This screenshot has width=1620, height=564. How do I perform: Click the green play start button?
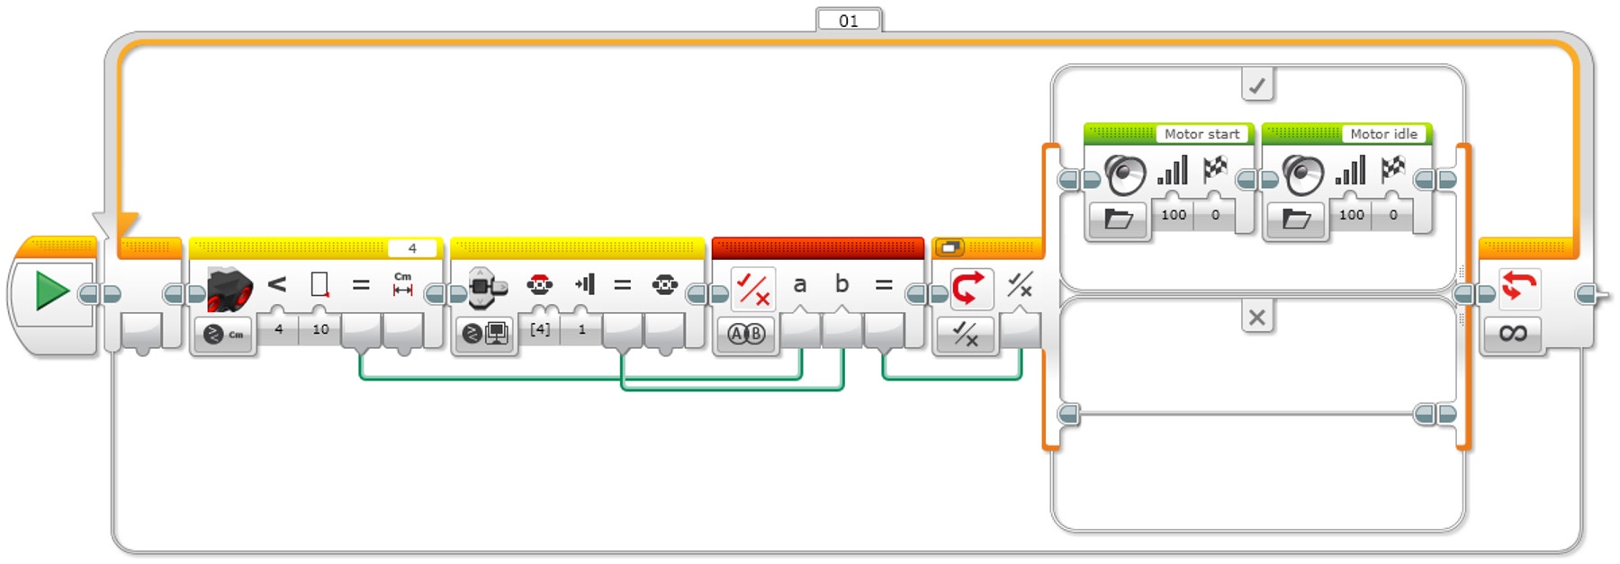coord(51,292)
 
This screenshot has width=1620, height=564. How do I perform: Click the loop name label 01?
coord(848,20)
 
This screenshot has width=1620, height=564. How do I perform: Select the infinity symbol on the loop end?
coord(1513,334)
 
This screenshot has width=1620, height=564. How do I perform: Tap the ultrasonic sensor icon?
coord(228,288)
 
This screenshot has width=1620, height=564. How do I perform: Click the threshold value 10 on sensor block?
coord(320,329)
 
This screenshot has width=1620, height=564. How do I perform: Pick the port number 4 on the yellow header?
coord(412,248)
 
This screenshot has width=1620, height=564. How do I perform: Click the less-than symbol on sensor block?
coord(276,285)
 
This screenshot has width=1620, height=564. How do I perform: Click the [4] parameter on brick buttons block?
coord(539,329)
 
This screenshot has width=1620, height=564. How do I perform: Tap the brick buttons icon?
coord(487,287)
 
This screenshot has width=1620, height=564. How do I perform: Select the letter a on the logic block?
coord(799,285)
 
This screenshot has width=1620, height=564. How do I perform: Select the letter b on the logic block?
coord(841,285)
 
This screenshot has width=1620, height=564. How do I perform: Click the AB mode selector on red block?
coord(746,335)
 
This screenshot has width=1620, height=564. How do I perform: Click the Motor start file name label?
coord(1201,134)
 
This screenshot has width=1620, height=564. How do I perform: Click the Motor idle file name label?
coord(1383,134)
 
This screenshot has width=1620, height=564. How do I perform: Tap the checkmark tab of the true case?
coord(1256,85)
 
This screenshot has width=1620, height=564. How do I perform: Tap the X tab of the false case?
coord(1256,317)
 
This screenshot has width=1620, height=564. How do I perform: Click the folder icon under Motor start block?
coord(1118,219)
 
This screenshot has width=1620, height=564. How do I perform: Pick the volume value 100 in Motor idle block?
coord(1351,215)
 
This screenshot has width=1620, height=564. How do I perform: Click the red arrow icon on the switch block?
coord(968,288)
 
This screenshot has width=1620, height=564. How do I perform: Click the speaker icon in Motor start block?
coord(1125,174)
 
